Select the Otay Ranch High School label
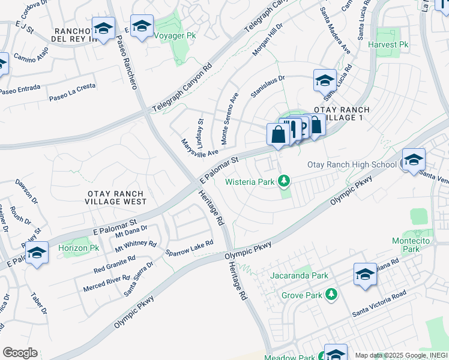tap(352, 164)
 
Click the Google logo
tap(20, 353)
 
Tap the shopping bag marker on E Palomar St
tap(279, 135)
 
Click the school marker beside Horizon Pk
tap(37, 253)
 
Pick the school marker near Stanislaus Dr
tap(325, 80)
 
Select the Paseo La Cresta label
tap(72, 91)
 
